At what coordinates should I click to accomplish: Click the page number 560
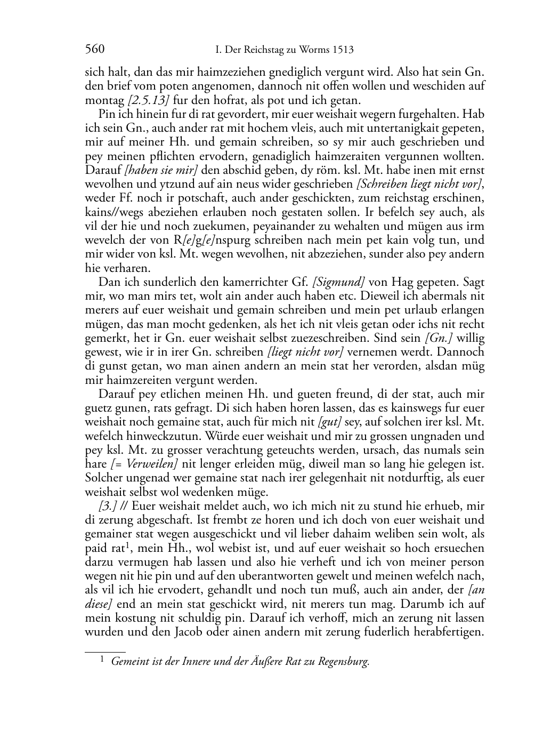pyautogui.click(x=95, y=50)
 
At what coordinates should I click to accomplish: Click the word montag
pyautogui.click(x=105, y=100)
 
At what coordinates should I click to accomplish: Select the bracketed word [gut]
pyautogui.click(x=330, y=422)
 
